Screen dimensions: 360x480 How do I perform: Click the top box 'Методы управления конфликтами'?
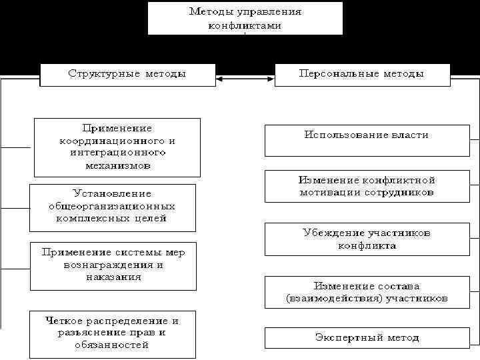pos(245,18)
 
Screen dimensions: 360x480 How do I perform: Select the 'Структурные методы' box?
pos(127,74)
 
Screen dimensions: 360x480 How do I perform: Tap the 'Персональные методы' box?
pos(360,74)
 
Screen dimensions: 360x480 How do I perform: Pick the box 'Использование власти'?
pos(366,141)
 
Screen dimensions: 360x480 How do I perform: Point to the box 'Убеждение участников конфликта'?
pos(366,239)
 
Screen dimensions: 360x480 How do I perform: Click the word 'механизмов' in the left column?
pos(117,165)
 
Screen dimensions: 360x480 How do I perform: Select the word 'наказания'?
pos(113,277)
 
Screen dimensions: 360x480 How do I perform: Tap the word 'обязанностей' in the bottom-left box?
pos(112,345)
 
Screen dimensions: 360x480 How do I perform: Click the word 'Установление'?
pos(112,193)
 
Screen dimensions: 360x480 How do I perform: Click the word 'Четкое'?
pos(64,321)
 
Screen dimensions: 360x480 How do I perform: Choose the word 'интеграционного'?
pos(117,153)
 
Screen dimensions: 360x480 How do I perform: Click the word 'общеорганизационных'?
pos(112,205)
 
